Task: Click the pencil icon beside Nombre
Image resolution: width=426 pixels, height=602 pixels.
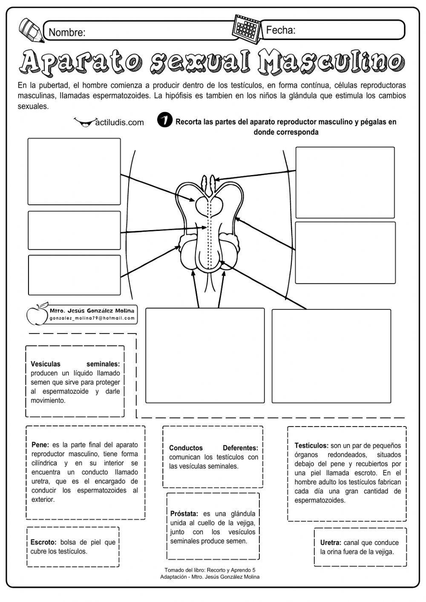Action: [32, 30]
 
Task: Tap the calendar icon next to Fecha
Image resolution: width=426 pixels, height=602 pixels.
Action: [246, 30]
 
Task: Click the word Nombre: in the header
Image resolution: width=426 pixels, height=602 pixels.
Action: [67, 32]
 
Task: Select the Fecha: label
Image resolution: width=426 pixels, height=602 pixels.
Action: [281, 30]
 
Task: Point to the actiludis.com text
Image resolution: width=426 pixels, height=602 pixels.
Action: [119, 123]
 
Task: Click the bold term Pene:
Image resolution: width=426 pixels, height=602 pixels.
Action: [40, 445]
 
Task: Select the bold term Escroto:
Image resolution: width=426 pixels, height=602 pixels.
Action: [43, 542]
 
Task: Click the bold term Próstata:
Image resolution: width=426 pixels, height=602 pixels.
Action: [184, 514]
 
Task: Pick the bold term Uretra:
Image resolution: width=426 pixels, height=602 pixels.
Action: [331, 543]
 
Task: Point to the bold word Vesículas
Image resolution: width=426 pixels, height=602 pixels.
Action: [46, 364]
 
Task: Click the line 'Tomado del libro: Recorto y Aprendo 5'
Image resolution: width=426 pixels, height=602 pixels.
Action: [210, 570]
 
